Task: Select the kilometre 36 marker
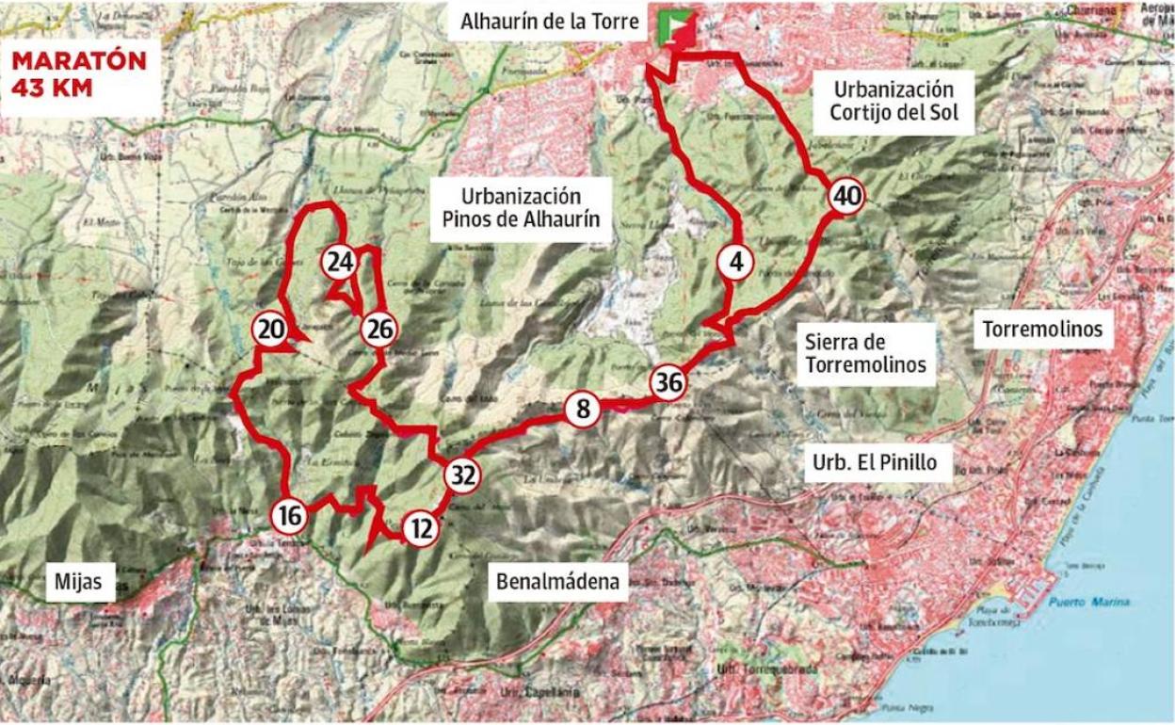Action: (668, 383)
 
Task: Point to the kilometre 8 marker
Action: (583, 410)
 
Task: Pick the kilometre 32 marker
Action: (462, 475)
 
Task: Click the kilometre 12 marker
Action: (421, 530)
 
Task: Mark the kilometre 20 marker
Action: (269, 330)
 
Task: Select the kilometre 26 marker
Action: (379, 330)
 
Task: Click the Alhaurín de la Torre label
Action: (550, 22)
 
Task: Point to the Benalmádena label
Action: (559, 582)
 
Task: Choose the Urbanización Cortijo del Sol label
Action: (893, 102)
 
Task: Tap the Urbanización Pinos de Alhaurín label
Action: (520, 209)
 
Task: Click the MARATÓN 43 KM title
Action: (79, 73)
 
